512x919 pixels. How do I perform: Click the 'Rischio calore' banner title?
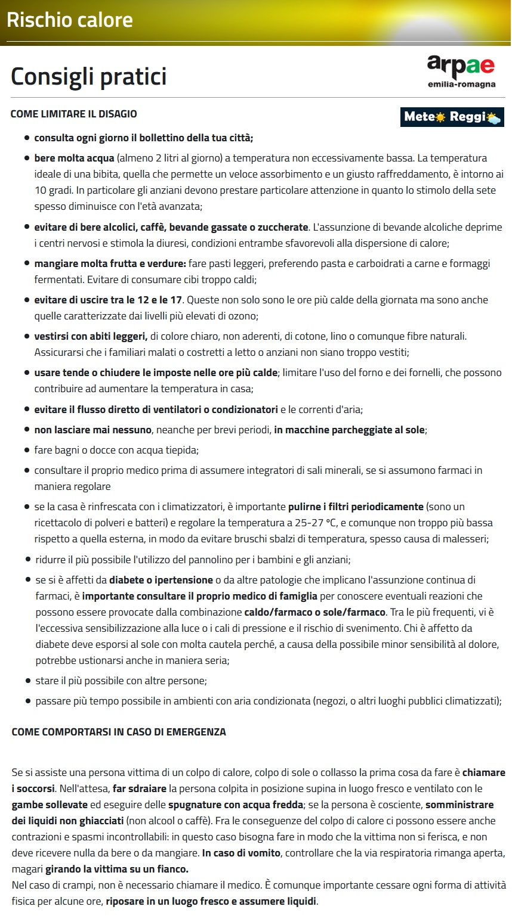coord(70,20)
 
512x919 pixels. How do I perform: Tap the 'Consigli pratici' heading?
coord(89,76)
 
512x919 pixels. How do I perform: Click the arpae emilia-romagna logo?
coord(461,71)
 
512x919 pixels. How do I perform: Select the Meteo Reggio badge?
coord(452,117)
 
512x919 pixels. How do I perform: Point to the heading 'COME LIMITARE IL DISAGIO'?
coord(74,114)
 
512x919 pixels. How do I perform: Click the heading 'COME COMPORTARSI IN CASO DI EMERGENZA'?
coord(119,732)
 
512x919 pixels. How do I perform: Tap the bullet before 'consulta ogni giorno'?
coord(27,138)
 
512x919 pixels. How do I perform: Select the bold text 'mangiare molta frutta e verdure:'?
coord(110,263)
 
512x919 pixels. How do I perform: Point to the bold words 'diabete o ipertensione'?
coord(161,580)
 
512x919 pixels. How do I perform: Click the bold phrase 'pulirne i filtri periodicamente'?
coord(356,507)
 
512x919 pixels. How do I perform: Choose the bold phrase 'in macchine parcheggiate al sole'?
coord(349,430)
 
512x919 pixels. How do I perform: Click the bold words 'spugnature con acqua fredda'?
coord(236,805)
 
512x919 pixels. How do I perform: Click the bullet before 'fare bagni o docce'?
coord(27,450)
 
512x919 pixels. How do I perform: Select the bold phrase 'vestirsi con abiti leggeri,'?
coord(91,337)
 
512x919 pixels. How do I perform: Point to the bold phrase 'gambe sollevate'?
coord(50,805)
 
